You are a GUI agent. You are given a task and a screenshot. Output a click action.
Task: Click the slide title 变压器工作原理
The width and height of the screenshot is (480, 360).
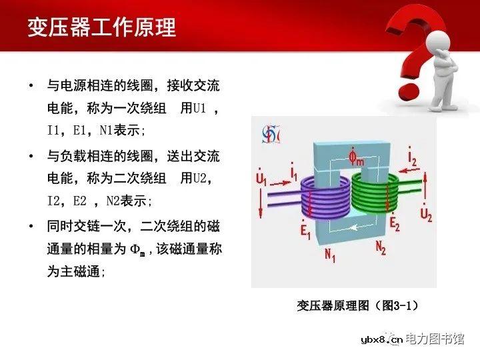101,27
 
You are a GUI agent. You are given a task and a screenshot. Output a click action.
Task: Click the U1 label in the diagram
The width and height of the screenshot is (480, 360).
261,179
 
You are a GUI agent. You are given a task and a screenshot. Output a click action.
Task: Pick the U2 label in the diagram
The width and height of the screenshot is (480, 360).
426,213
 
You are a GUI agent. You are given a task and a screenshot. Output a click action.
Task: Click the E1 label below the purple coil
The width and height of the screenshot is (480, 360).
305,231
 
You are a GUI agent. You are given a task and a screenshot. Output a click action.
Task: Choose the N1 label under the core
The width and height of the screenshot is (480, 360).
329,255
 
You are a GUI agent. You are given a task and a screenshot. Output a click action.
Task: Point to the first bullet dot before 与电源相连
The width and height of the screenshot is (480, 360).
31,86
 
